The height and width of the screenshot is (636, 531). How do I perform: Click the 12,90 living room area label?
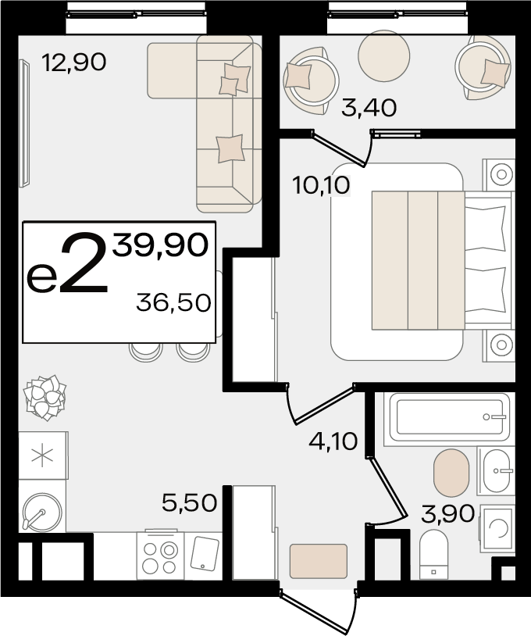pyautogui.click(x=74, y=63)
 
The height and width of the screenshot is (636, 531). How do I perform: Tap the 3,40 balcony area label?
pyautogui.click(x=369, y=109)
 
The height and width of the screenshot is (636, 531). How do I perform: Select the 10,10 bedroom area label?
pyautogui.click(x=321, y=186)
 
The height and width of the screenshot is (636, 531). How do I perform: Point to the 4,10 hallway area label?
pyautogui.click(x=333, y=441)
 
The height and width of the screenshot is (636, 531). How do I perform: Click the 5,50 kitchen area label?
pyautogui.click(x=189, y=503)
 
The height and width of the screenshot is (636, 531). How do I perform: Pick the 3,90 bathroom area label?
pyautogui.click(x=448, y=514)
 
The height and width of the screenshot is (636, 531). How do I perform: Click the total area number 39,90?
pyautogui.click(x=161, y=245)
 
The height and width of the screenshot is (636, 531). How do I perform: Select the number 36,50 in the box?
pyautogui.click(x=173, y=302)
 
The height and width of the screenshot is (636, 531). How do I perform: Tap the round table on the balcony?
pyautogui.click(x=384, y=56)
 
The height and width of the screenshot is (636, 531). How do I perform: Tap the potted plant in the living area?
pyautogui.click(x=45, y=398)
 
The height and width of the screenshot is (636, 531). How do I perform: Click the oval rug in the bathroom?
pyautogui.click(x=451, y=473)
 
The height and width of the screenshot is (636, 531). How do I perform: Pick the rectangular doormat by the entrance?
pyautogui.click(x=319, y=561)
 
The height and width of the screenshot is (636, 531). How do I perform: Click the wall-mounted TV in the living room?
pyautogui.click(x=24, y=123)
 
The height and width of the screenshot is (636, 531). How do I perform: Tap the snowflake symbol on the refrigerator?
pyautogui.click(x=42, y=456)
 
